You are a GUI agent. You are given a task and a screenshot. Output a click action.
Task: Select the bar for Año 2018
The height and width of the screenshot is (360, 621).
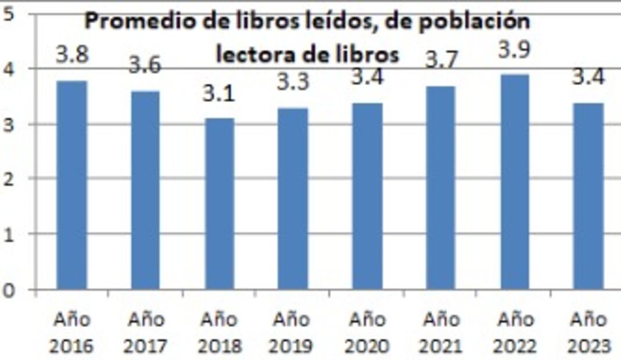(220, 203)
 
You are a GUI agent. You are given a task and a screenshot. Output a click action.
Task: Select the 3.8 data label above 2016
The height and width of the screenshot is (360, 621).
(72, 55)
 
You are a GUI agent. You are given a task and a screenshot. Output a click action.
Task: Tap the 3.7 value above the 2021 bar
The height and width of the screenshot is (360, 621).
(442, 60)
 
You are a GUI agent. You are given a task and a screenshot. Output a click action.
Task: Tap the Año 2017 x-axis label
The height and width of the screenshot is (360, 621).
(145, 333)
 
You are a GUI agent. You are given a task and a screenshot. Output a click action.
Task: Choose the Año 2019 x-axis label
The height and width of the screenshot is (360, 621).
(293, 333)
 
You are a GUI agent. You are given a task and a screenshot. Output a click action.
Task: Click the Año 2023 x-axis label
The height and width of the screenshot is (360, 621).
(588, 333)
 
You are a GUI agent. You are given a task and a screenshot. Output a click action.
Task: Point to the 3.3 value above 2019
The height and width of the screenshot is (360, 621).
(293, 82)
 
